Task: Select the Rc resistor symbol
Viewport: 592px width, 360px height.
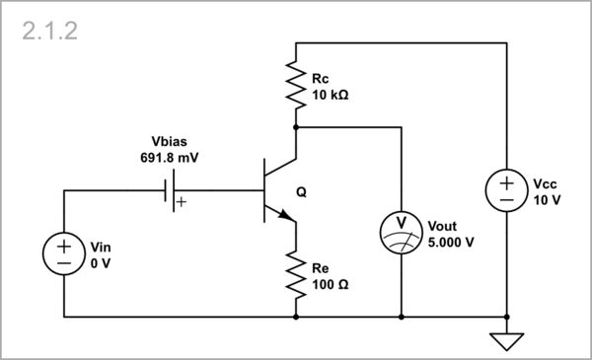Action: [295, 84]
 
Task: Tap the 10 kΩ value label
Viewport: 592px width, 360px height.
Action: [331, 97]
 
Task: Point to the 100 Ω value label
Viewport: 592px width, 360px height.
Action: [331, 285]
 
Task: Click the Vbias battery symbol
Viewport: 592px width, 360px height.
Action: [169, 190]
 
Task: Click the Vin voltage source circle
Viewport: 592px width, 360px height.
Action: [63, 253]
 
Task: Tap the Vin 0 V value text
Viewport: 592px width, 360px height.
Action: [101, 264]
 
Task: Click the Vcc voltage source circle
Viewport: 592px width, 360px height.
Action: [505, 190]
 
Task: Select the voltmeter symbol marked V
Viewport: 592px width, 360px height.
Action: [402, 229]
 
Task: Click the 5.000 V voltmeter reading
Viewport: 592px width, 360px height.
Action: [452, 242]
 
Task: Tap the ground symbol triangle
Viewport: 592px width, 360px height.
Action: [505, 341]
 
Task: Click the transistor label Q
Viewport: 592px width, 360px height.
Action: [301, 192]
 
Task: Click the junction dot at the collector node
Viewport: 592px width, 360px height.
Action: [295, 127]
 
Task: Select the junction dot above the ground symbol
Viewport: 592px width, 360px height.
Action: [505, 318]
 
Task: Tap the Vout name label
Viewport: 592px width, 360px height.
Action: [443, 227]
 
